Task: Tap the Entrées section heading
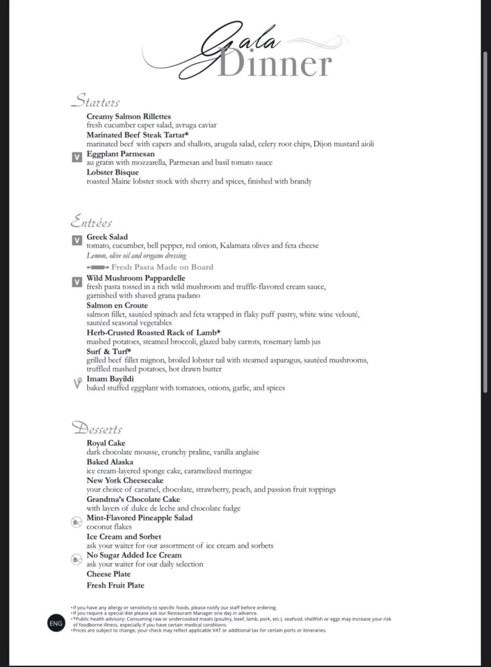click(91, 222)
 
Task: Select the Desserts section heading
click(97, 428)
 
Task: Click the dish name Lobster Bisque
click(113, 172)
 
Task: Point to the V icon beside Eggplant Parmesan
click(76, 157)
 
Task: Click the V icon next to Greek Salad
click(76, 240)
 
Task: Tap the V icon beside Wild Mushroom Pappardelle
click(76, 281)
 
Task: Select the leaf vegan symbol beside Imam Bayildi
click(76, 382)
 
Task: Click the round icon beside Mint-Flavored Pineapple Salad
click(76, 522)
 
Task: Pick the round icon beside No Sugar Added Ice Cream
click(76, 560)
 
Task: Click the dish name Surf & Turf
click(109, 351)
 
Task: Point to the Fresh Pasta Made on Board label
click(162, 267)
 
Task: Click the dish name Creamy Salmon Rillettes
click(129, 116)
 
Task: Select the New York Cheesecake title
click(125, 480)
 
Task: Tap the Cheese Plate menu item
click(109, 574)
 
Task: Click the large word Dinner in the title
click(275, 65)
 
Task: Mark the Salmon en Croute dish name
click(117, 305)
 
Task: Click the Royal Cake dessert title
click(106, 443)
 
